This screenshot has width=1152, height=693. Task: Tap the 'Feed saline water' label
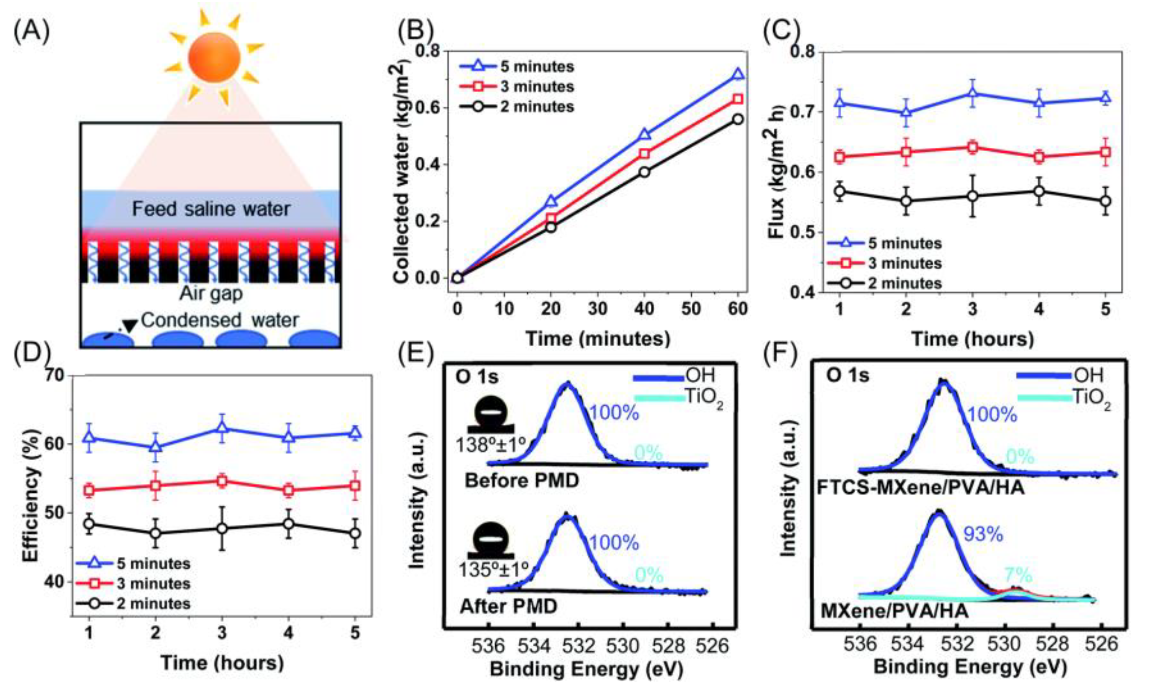[x=211, y=209]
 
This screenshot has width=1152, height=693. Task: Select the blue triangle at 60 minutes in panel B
[x=738, y=74]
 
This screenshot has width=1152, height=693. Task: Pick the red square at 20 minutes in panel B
[x=551, y=218]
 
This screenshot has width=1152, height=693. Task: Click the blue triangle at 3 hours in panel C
[x=973, y=93]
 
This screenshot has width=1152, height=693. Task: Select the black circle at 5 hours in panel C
[x=1105, y=201]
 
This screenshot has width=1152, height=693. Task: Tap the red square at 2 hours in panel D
[x=155, y=485]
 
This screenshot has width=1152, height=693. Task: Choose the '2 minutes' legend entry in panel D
[x=153, y=603]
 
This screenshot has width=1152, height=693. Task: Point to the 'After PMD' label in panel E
[x=509, y=606]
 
